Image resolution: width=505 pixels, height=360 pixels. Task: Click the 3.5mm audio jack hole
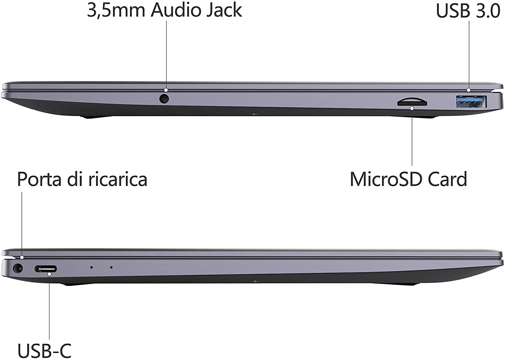point(164,99)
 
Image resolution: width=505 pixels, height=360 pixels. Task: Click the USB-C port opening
point(46,269)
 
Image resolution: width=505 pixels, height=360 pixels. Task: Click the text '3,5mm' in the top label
point(116,10)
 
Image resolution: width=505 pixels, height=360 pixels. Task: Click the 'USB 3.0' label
point(468,10)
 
